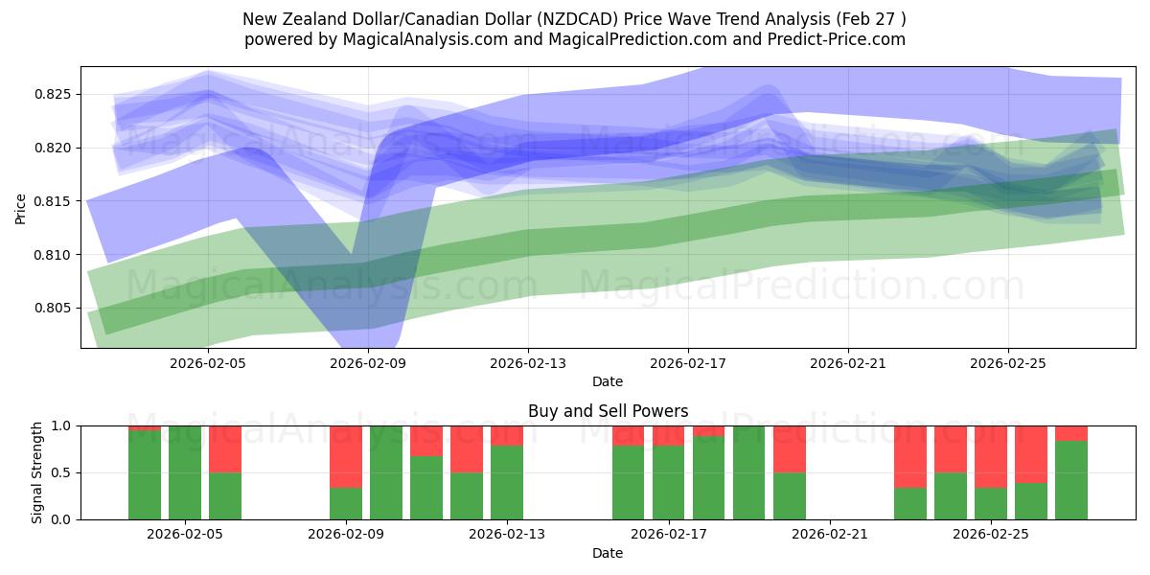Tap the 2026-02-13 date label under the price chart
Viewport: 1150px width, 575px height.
[528, 364]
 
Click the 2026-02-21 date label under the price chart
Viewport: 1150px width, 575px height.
[847, 364]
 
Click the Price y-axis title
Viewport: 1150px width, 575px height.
[21, 208]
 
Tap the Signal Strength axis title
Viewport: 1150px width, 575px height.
[36, 472]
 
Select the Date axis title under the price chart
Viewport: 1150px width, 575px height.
[607, 381]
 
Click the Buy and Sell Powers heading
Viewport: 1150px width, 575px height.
[608, 411]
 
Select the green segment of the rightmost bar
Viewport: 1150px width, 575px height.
[1071, 479]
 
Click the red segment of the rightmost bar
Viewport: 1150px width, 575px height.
[1071, 433]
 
